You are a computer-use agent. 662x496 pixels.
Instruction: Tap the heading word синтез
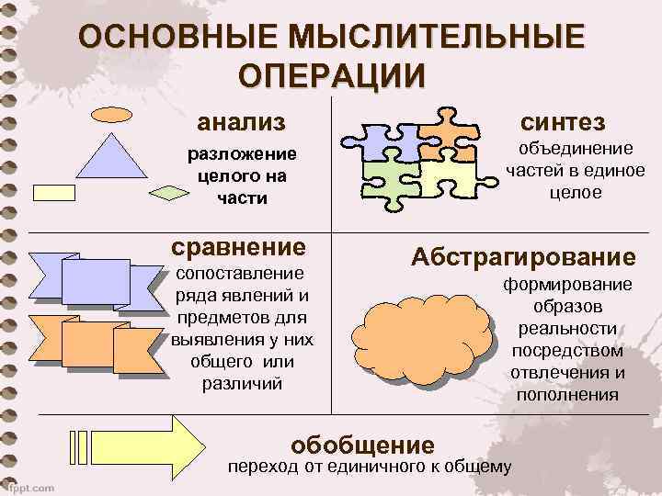[562, 121]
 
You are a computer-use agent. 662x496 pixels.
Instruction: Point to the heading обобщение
[362, 445]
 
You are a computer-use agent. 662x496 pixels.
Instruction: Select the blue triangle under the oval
[111, 154]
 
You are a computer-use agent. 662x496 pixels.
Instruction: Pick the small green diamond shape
[169, 192]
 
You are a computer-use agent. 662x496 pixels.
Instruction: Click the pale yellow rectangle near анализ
[59, 192]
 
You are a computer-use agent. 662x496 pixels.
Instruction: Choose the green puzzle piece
[391, 177]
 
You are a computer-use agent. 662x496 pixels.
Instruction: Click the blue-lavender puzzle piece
[379, 141]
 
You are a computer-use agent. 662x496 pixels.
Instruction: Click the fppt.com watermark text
[29, 487]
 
